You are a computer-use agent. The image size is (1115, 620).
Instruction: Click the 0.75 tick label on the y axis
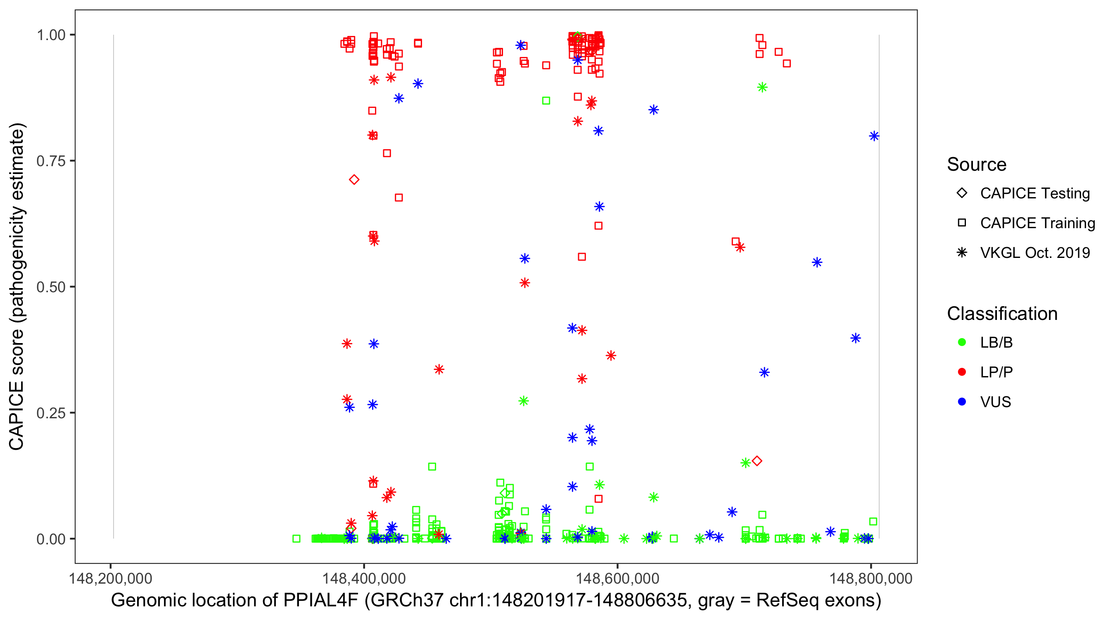click(50, 161)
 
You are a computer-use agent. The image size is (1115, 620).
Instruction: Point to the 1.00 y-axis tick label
click(50, 35)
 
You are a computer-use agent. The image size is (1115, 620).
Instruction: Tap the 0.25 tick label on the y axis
click(50, 413)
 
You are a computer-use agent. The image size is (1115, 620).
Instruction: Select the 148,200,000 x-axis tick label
click(110, 578)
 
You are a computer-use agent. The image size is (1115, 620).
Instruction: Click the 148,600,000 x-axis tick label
click(617, 578)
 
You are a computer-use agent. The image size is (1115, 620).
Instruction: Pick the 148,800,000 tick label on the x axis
click(871, 578)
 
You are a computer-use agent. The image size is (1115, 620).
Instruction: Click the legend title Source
click(977, 164)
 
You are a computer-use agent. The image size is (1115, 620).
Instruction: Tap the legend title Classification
click(1002, 314)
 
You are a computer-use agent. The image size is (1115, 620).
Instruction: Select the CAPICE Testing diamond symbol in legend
click(962, 193)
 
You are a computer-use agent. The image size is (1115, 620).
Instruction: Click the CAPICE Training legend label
click(1037, 223)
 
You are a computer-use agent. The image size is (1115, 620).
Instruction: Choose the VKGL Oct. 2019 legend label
click(1035, 253)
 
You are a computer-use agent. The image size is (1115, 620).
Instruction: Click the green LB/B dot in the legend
click(962, 342)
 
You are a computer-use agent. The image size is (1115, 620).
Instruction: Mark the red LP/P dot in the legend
click(962, 372)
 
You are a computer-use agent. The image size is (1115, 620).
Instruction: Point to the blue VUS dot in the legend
click(962, 402)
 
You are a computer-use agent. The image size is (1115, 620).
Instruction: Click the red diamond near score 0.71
click(354, 179)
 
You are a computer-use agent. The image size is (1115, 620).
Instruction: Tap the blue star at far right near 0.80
click(874, 136)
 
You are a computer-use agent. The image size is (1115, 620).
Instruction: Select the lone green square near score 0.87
click(546, 100)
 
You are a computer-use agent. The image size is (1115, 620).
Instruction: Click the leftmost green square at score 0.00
click(297, 539)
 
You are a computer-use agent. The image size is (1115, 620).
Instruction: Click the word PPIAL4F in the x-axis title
click(321, 601)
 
